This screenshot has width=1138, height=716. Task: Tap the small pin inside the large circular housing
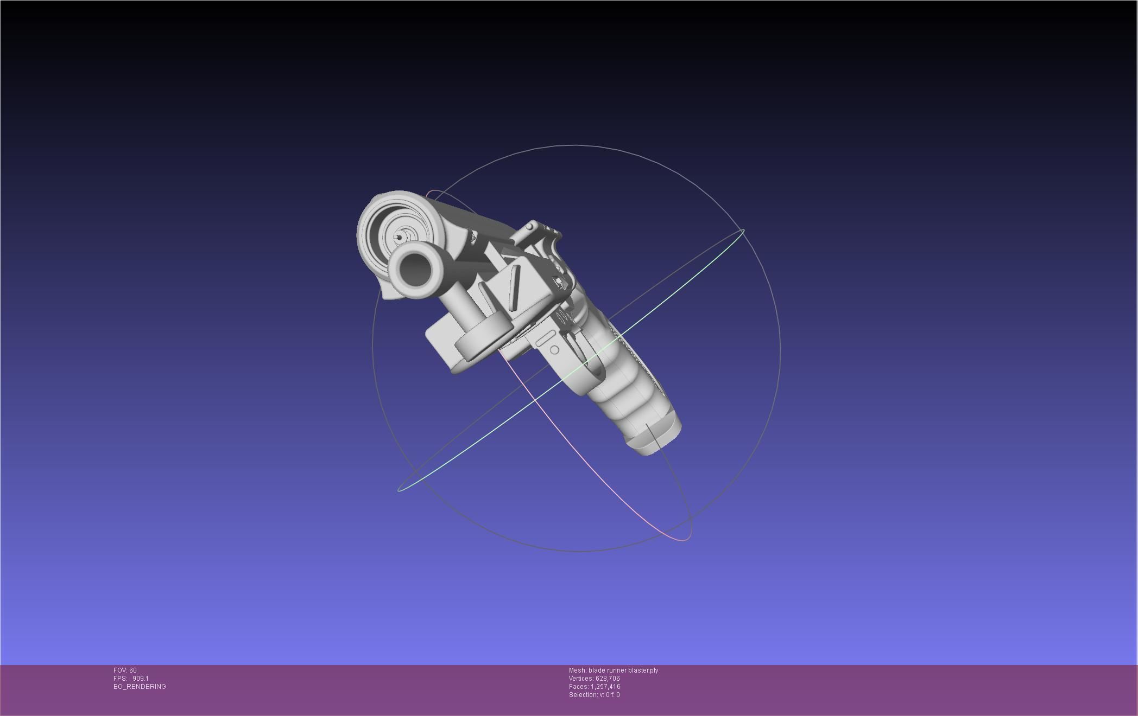[x=401, y=237]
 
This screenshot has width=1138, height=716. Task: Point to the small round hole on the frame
[x=554, y=350]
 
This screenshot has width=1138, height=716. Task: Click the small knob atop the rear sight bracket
[x=529, y=226]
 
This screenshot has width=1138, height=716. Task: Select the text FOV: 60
[x=125, y=670]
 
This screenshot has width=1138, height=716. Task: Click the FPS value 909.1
[x=140, y=679]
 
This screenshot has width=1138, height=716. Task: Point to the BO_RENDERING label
[x=140, y=687]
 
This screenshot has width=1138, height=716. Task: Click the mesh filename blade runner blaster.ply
[x=623, y=670]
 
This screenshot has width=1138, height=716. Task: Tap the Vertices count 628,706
[x=608, y=679]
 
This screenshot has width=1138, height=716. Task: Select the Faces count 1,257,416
[x=605, y=687]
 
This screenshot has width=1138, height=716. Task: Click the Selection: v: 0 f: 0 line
[x=594, y=695]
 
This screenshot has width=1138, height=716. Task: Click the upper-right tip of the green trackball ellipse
[x=743, y=231]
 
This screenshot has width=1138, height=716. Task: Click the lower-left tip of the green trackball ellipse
[x=399, y=490]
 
